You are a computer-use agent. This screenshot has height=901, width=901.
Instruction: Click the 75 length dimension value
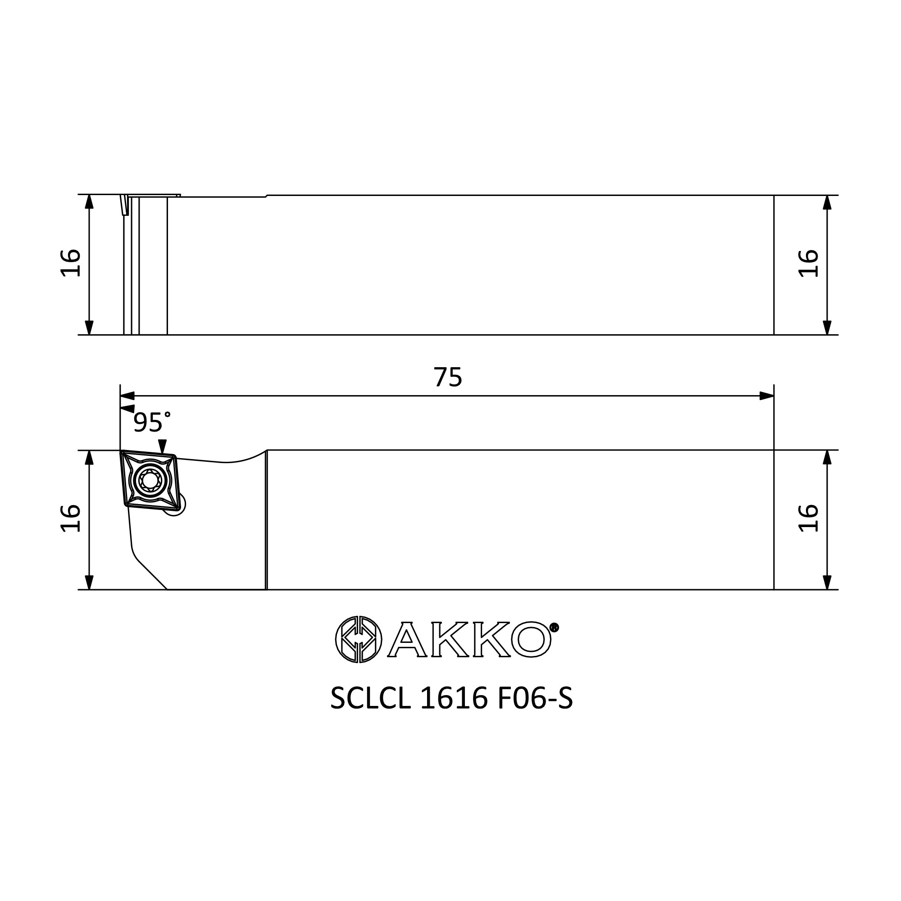448,377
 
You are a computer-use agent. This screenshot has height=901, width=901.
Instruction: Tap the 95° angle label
151,422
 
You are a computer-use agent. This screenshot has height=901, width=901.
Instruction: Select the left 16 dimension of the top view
70,263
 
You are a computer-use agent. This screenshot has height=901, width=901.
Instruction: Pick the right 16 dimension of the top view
808,264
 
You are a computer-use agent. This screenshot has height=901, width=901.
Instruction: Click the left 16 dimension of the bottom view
70,518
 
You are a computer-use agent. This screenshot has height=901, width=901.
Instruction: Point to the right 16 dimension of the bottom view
808,518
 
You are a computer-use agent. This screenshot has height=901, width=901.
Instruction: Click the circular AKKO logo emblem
359,639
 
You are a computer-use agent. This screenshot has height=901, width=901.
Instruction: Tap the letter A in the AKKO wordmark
407,639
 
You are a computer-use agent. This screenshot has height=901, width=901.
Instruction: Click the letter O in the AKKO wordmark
531,639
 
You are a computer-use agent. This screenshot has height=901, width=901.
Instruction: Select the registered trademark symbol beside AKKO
555,627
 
